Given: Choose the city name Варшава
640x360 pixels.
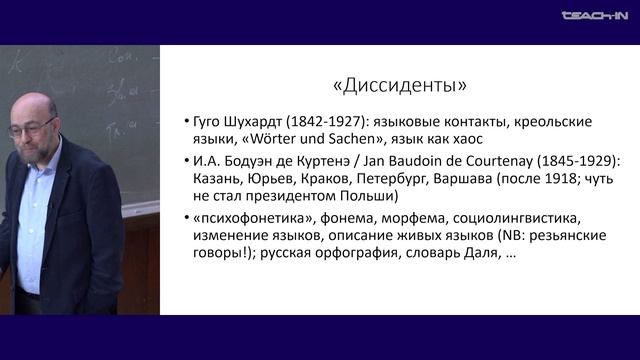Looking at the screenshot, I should (485, 180).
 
